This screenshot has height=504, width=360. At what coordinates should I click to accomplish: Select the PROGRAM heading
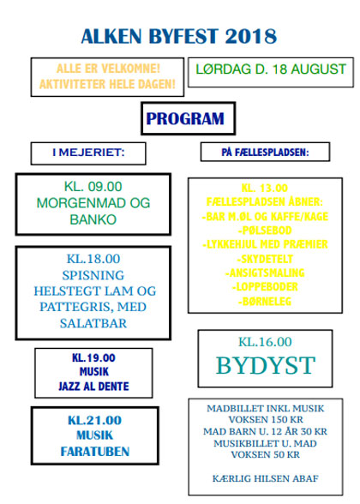[x=185, y=118]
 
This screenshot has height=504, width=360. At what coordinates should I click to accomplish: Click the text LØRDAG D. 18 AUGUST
[x=271, y=69]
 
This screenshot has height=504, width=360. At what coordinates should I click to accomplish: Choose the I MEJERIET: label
[x=88, y=153]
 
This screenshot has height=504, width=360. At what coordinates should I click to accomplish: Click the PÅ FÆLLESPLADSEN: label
[x=265, y=152]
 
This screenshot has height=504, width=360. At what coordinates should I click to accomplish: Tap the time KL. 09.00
[x=93, y=187]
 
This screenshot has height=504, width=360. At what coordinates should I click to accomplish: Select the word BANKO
[x=93, y=219]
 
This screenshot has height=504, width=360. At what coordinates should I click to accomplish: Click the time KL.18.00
[x=93, y=259]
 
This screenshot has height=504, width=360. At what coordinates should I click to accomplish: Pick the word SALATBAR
[x=93, y=323]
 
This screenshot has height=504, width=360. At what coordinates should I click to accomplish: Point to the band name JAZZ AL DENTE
[x=93, y=386]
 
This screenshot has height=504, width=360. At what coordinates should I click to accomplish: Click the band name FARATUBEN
[x=95, y=452]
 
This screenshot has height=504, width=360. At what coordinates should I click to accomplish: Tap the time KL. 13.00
[x=265, y=188]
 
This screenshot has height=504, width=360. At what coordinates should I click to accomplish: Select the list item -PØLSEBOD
[x=265, y=231]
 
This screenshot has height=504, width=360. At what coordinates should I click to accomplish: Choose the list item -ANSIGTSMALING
[x=265, y=273]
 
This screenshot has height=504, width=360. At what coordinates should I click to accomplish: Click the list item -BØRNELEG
[x=265, y=301]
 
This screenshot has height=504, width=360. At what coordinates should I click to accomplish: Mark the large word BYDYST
[x=266, y=365]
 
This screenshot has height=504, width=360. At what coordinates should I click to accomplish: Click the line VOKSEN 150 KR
[x=266, y=419]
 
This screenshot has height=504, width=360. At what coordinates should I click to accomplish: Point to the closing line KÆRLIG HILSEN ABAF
[x=266, y=478]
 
